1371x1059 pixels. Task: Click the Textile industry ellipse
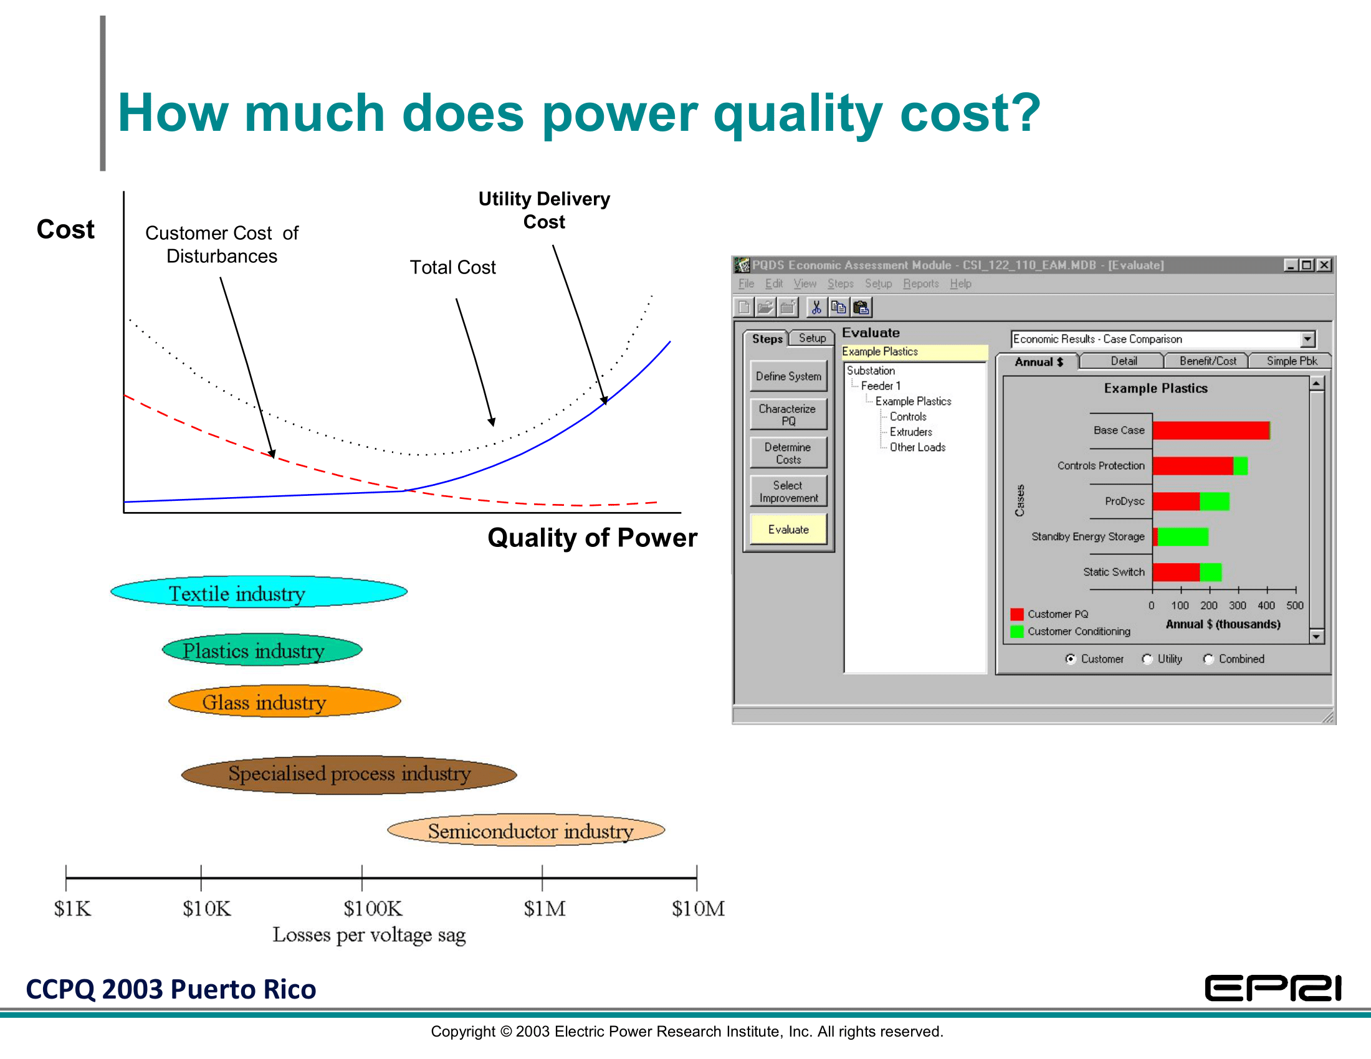click(259, 592)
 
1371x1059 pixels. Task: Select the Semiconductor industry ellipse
click(526, 830)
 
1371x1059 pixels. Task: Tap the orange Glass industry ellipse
click(284, 701)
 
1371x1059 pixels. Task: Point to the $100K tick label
click(373, 908)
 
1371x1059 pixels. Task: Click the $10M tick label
click(698, 908)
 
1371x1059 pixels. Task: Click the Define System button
click(788, 376)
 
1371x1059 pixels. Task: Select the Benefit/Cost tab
click(1207, 361)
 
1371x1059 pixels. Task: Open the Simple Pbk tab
click(1291, 361)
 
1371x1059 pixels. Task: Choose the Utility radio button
click(1147, 658)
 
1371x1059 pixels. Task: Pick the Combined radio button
click(1208, 658)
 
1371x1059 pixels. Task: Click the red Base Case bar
click(1211, 430)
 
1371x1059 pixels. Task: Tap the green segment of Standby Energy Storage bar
click(1183, 537)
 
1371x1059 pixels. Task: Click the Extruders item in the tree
click(911, 432)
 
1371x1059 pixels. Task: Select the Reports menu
click(921, 283)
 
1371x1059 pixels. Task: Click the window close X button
click(1324, 265)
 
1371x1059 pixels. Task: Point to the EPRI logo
click(1273, 988)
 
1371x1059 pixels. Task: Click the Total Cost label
click(452, 267)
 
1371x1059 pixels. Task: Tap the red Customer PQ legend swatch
click(1017, 614)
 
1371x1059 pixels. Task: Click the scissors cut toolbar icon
click(816, 306)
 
